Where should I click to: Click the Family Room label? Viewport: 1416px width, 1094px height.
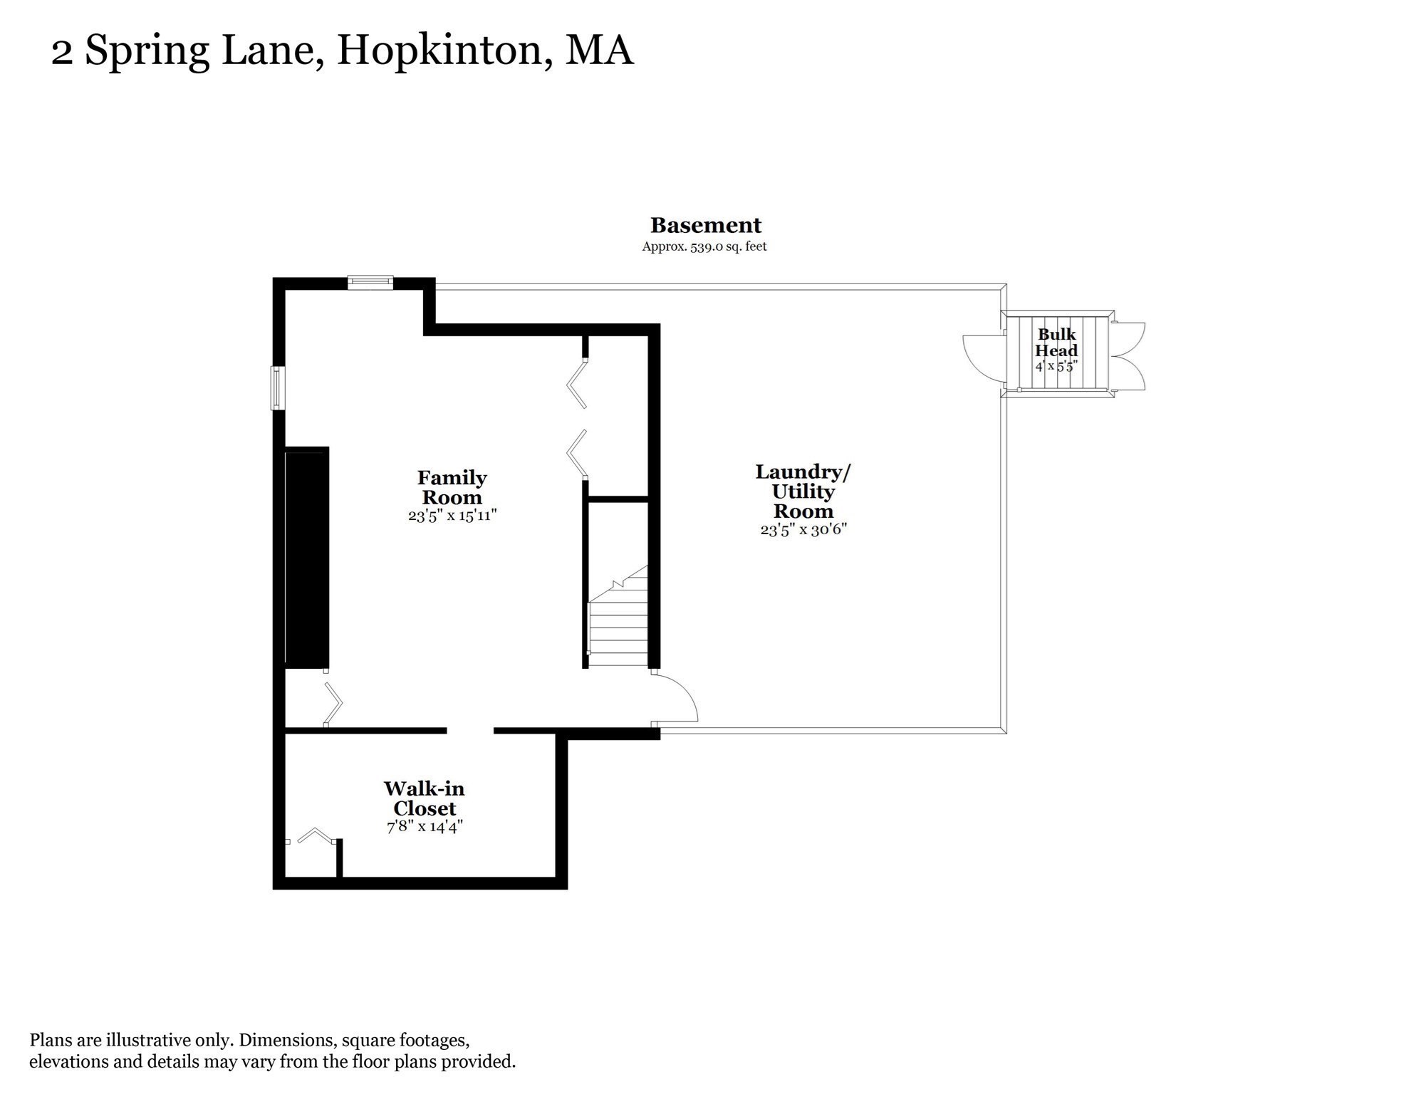[x=452, y=487]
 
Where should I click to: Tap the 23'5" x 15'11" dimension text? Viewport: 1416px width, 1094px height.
[x=452, y=516]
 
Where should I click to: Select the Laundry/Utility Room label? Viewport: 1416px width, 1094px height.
[x=803, y=491]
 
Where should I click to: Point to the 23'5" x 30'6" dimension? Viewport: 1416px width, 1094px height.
[x=803, y=530]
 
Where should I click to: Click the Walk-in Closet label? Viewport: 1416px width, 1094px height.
[x=424, y=798]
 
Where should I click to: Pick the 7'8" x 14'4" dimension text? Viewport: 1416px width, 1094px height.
[x=425, y=827]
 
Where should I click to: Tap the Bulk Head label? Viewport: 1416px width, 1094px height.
[x=1056, y=343]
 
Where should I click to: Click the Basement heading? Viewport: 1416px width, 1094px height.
[x=705, y=226]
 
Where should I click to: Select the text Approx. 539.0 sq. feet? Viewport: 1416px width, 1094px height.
[x=704, y=246]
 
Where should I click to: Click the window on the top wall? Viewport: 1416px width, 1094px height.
[x=370, y=283]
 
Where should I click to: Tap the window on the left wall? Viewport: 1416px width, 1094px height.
[x=278, y=387]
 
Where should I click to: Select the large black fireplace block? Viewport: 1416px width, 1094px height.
[x=307, y=557]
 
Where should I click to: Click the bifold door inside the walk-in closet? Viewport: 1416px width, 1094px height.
[x=316, y=835]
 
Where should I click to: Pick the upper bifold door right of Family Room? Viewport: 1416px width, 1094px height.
[x=578, y=385]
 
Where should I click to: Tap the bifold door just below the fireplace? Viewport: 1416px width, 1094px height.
[x=333, y=704]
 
